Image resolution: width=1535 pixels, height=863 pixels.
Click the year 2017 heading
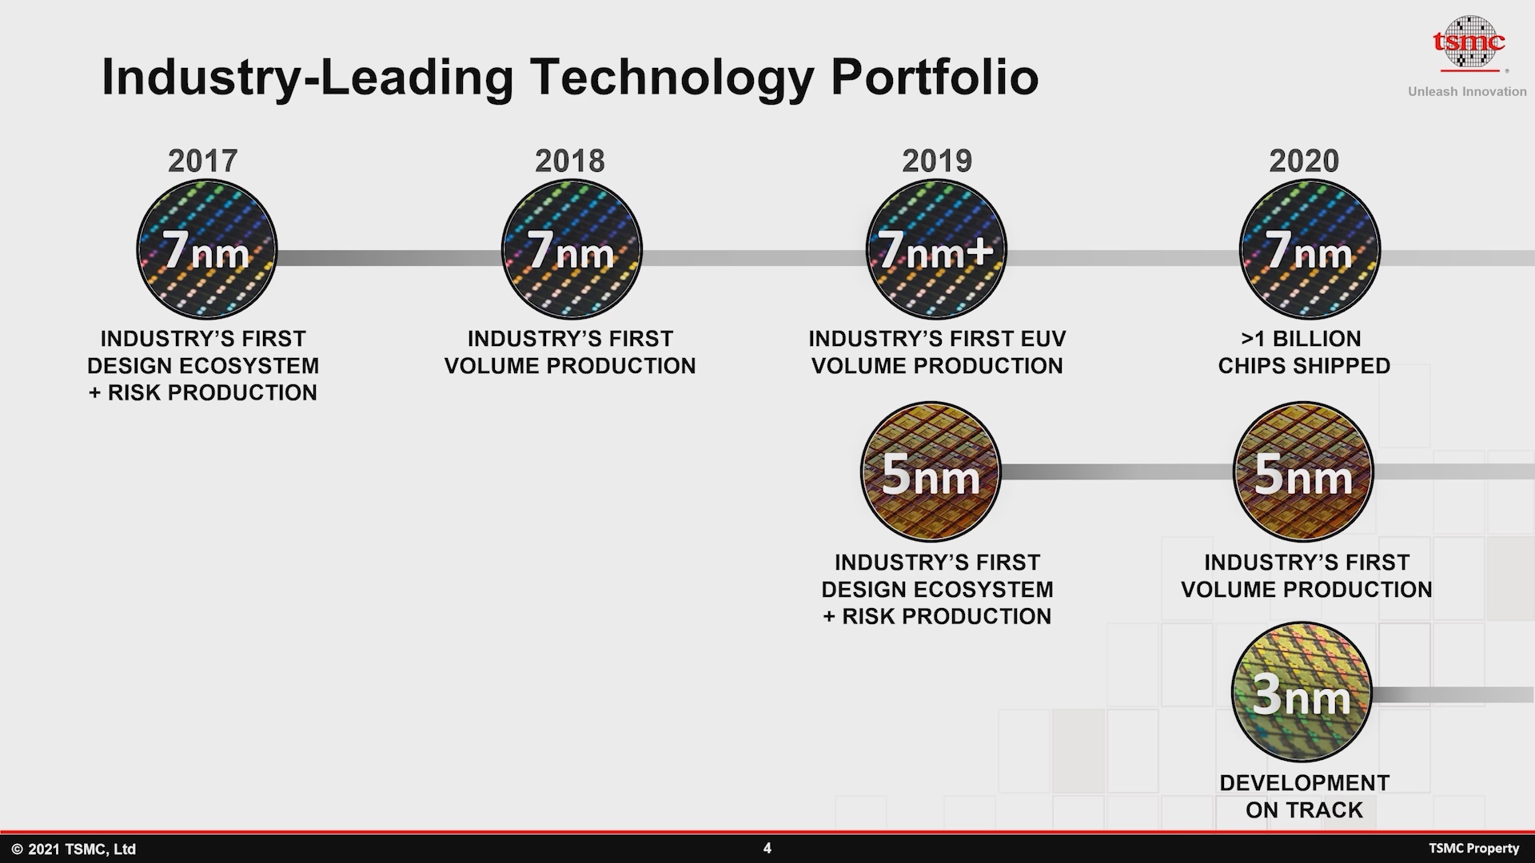tap(203, 161)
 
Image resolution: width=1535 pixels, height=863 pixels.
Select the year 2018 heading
tap(570, 161)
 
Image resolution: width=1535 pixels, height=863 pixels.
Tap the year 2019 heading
tap(937, 161)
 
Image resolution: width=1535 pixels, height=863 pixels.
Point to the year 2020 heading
tap(1304, 161)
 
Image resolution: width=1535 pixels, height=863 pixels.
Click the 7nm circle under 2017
tap(207, 250)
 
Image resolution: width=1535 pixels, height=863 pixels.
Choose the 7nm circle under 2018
tap(572, 250)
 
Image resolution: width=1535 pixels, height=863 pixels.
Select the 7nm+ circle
tap(937, 250)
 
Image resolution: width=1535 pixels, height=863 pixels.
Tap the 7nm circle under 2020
tap(1310, 250)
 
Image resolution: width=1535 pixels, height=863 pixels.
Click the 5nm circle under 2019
tap(931, 472)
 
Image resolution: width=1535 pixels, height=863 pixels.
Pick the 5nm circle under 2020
tap(1304, 472)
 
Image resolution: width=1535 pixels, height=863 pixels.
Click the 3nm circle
tap(1302, 693)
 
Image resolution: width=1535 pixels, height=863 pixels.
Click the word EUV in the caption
tap(1041, 339)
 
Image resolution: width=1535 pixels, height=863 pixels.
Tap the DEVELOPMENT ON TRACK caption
tap(1304, 797)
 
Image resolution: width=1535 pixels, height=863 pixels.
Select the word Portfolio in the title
tap(935, 78)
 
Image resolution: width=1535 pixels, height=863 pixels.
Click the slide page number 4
tap(767, 849)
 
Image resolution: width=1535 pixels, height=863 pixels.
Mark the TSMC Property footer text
tap(1473, 849)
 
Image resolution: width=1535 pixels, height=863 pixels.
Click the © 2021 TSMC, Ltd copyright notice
tap(74, 849)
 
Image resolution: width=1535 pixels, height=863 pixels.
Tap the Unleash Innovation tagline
tap(1467, 92)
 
